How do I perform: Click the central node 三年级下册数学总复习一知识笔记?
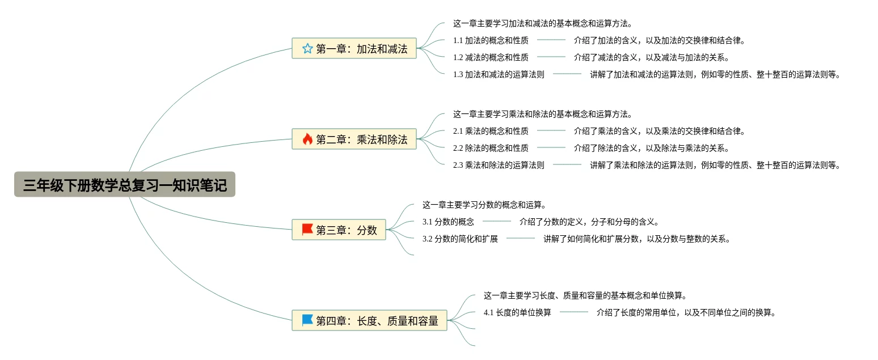125,185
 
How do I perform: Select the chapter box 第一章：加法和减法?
354,48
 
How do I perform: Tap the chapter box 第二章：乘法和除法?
354,139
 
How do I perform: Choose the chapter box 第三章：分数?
339,230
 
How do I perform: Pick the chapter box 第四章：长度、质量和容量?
370,320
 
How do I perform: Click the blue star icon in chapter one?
307,48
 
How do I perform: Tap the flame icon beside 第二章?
307,139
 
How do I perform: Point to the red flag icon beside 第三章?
307,230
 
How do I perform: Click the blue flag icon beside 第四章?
307,320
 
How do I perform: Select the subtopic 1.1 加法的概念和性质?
491,40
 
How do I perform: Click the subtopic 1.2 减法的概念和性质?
491,57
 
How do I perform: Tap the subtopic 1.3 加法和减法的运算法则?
499,74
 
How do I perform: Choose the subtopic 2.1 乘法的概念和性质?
491,131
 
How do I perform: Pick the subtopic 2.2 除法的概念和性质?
491,148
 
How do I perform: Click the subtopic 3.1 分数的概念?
448,222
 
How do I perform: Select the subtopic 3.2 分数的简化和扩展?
460,239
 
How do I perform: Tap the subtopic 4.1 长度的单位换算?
517,312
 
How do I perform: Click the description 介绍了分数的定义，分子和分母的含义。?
589,222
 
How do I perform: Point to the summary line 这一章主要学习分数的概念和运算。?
484,205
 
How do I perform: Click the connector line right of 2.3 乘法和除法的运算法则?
567,165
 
